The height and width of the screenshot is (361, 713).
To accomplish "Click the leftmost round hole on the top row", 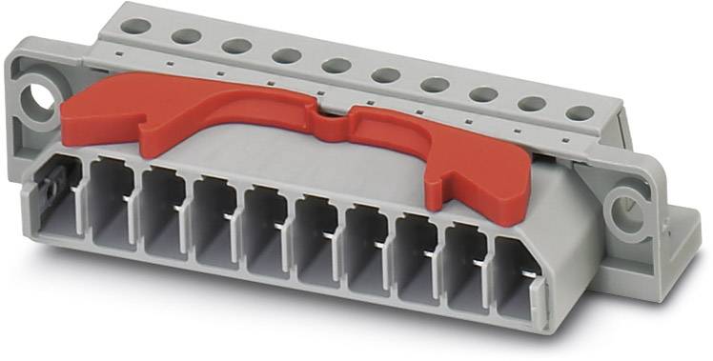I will [135, 26].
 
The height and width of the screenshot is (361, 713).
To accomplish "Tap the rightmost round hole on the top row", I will [580, 113].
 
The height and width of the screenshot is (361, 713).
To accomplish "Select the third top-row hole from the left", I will [236, 46].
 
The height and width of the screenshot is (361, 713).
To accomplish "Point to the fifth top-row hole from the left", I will [336, 66].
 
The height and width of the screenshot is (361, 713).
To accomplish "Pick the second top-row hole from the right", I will [532, 104].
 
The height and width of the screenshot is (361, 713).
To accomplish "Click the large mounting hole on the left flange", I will [37, 96].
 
